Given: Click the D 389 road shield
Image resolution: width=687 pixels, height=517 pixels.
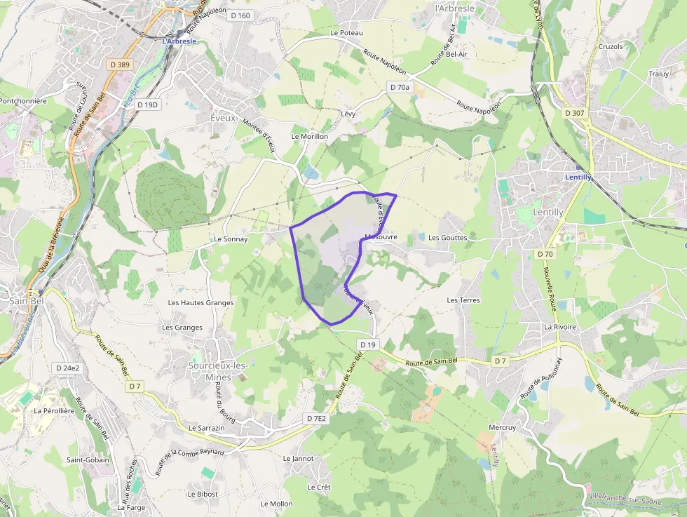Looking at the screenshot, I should coord(120,65).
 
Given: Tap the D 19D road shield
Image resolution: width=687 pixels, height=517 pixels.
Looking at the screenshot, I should coord(149,105).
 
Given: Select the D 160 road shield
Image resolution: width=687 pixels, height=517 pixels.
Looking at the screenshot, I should coord(240,15).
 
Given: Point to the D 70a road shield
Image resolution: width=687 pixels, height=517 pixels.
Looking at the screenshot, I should coord(399,87).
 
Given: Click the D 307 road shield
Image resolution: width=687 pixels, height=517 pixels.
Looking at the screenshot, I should coord(574,113).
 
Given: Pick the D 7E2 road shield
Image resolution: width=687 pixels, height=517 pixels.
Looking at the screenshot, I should coord(317,419).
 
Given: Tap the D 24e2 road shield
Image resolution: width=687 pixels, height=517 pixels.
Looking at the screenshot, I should coord(67,368).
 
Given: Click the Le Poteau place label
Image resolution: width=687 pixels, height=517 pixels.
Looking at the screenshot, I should coord(347,33).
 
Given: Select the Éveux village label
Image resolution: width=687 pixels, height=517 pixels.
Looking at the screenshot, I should coord(223,119).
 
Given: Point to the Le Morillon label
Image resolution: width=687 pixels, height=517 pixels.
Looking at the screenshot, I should coord(309,136).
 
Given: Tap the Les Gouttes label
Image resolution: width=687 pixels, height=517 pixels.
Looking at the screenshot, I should coord(447,238).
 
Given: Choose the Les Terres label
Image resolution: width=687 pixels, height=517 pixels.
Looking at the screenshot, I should coord(463,300).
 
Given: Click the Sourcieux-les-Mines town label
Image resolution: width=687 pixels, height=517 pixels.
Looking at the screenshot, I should coord(219,371).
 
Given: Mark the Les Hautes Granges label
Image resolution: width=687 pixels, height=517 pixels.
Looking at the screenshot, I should coord(200,303).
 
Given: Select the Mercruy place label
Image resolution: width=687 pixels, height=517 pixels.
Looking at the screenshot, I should coord(502,427).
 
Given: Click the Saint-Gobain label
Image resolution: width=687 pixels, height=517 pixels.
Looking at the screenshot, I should coord(88,460).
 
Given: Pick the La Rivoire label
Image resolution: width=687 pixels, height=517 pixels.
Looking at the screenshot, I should coord(560,327).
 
